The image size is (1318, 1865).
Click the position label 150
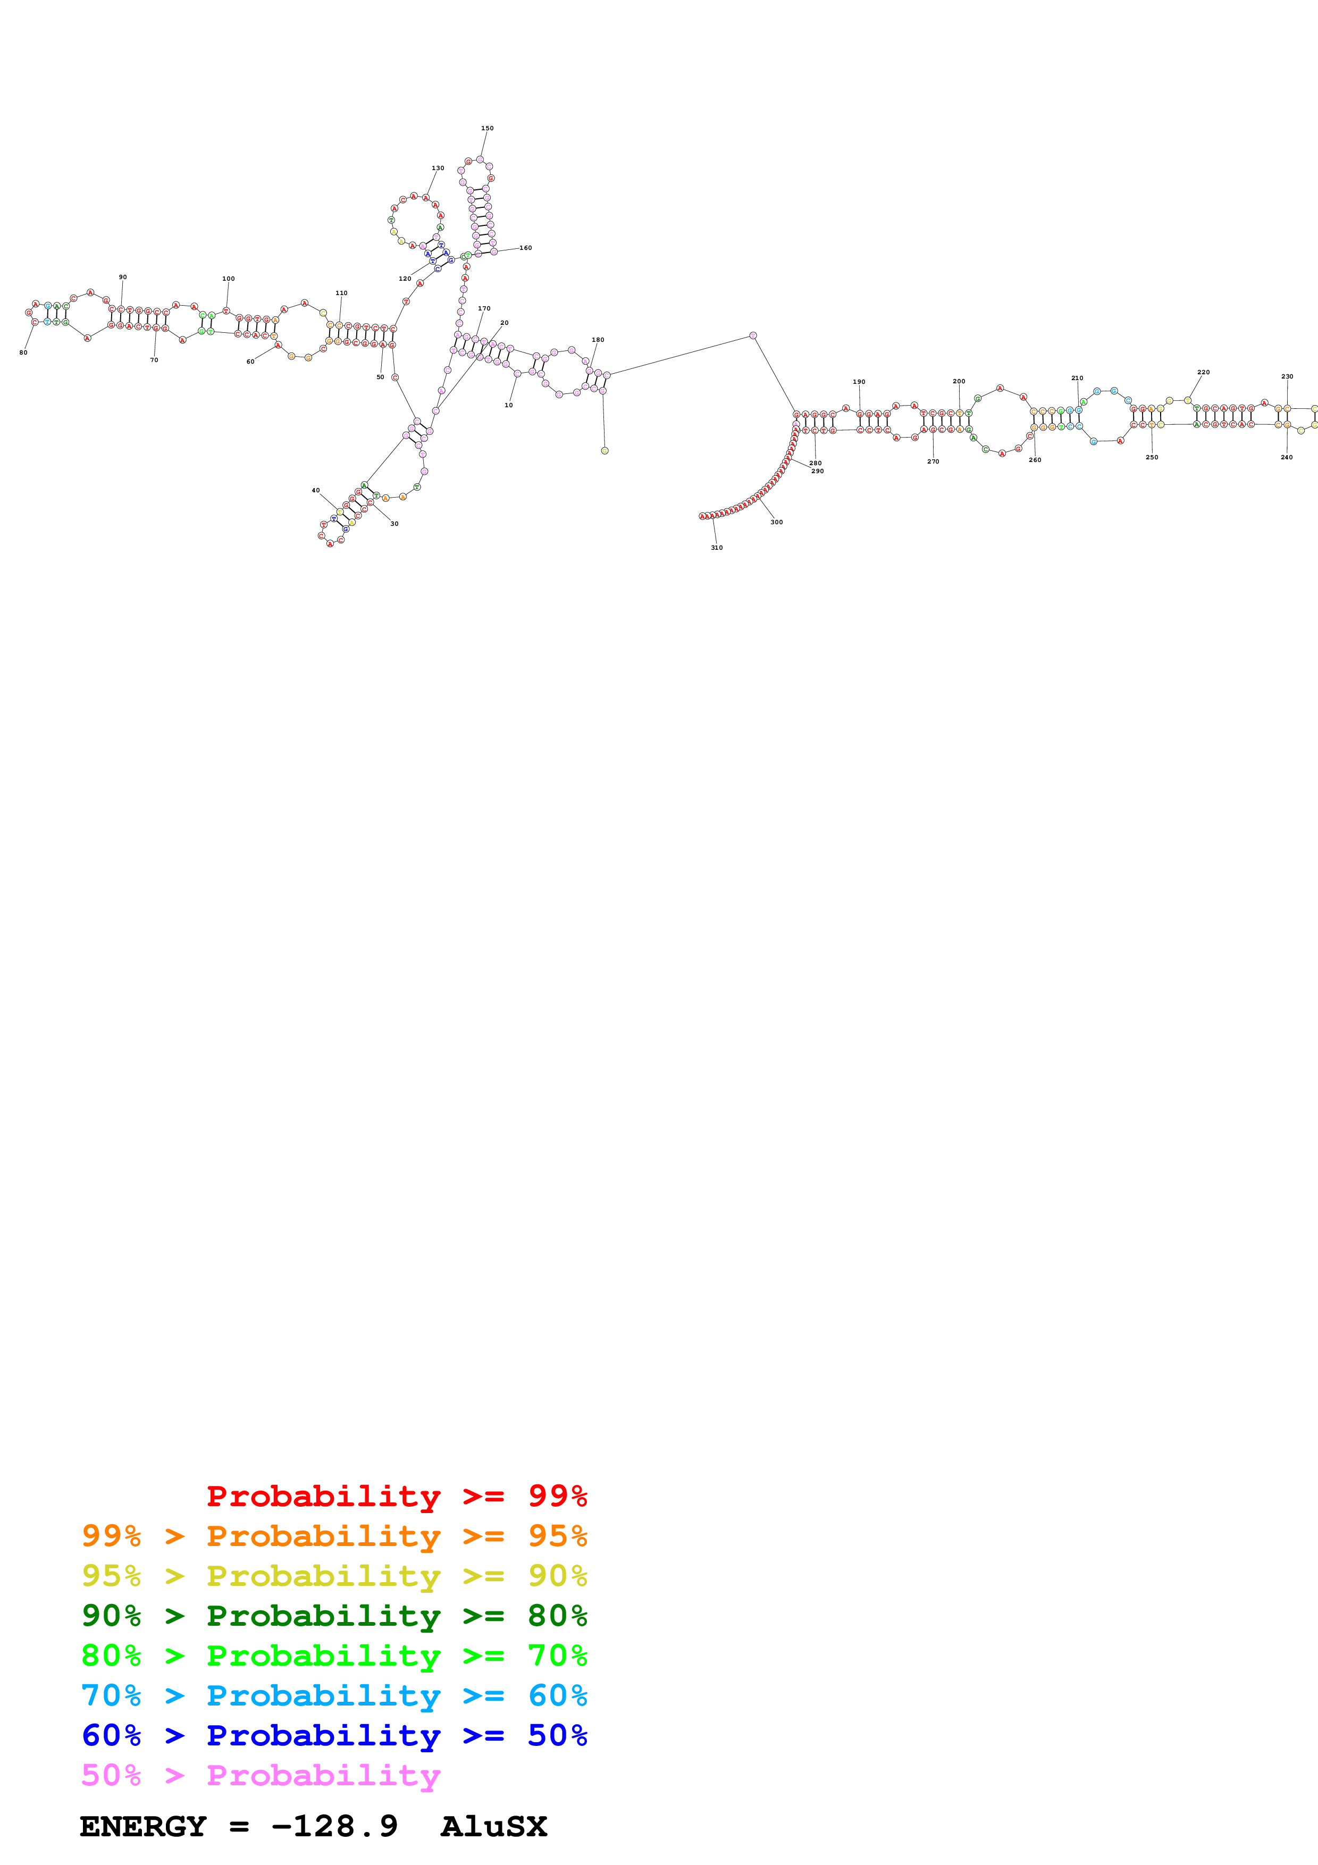[486, 128]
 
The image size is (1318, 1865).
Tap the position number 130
[438, 168]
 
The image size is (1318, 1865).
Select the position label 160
[526, 248]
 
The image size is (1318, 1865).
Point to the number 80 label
[23, 352]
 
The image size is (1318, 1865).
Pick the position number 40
[316, 491]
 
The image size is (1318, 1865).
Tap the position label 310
[716, 548]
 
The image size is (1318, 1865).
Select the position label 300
[776, 522]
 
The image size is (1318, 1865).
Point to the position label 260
[1035, 460]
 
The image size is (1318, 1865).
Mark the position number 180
[598, 340]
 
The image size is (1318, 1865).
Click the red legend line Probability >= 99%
[396, 1496]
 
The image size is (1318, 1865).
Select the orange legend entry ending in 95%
[334, 1535]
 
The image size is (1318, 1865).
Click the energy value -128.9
[334, 1826]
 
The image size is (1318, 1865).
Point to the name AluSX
[494, 1826]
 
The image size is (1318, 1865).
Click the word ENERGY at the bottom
[143, 1826]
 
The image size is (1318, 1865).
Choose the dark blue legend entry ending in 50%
[334, 1735]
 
